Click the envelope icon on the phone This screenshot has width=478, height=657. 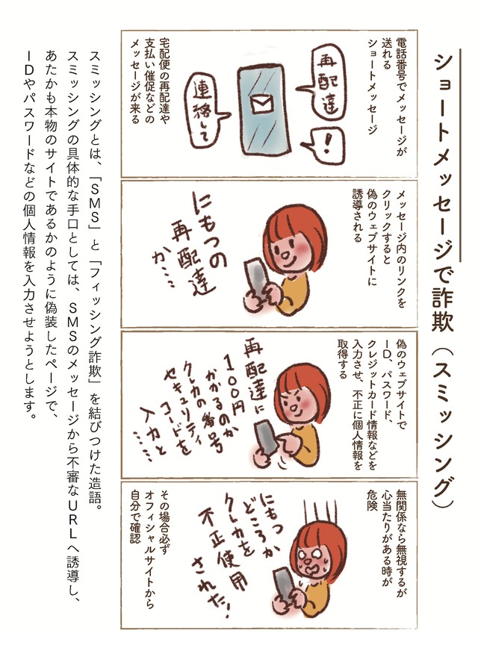click(x=261, y=103)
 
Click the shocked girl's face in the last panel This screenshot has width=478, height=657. click(x=310, y=564)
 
